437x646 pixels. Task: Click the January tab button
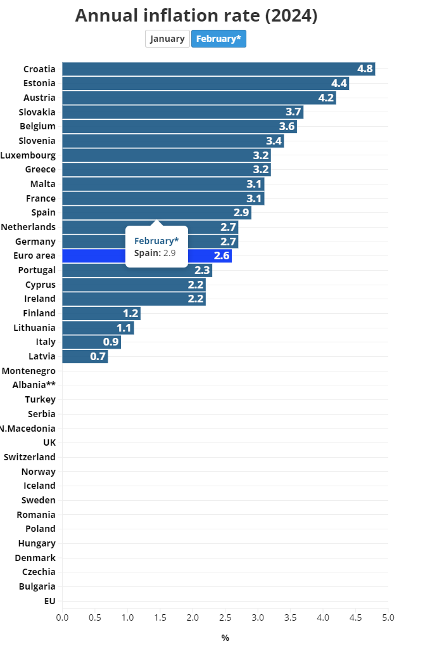tap(167, 39)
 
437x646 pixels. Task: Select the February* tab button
tap(218, 39)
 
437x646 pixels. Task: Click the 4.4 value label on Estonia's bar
tap(339, 83)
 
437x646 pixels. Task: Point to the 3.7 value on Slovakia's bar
tap(293, 112)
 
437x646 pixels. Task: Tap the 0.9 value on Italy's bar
tap(111, 342)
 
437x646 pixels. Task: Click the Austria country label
tap(39, 98)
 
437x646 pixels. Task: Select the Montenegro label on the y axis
tap(28, 371)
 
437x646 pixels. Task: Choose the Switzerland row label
tap(29, 457)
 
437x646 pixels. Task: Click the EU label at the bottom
tap(49, 600)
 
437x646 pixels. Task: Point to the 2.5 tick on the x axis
tap(225, 617)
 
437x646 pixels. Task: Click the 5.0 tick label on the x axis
tap(388, 617)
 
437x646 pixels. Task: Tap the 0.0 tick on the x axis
tap(62, 617)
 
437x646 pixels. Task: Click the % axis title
tap(225, 638)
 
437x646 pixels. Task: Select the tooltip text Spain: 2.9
tap(155, 253)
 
